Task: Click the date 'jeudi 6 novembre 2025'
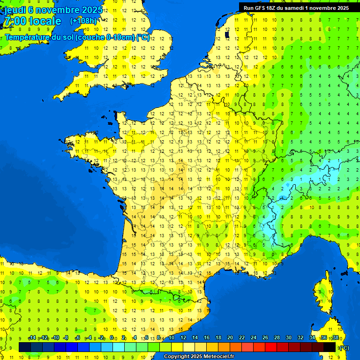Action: click(54, 10)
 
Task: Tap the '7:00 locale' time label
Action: click(32, 21)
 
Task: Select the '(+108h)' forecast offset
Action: click(83, 21)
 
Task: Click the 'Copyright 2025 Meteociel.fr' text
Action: click(199, 357)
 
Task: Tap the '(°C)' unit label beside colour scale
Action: click(344, 347)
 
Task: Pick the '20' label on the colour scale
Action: click(230, 337)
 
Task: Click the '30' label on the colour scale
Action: click(289, 337)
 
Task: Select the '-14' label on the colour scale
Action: click(32, 337)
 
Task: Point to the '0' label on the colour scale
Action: click(112, 337)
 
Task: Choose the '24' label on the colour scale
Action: click(254, 337)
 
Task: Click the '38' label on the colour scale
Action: click(335, 337)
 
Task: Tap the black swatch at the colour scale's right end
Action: click(330, 347)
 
